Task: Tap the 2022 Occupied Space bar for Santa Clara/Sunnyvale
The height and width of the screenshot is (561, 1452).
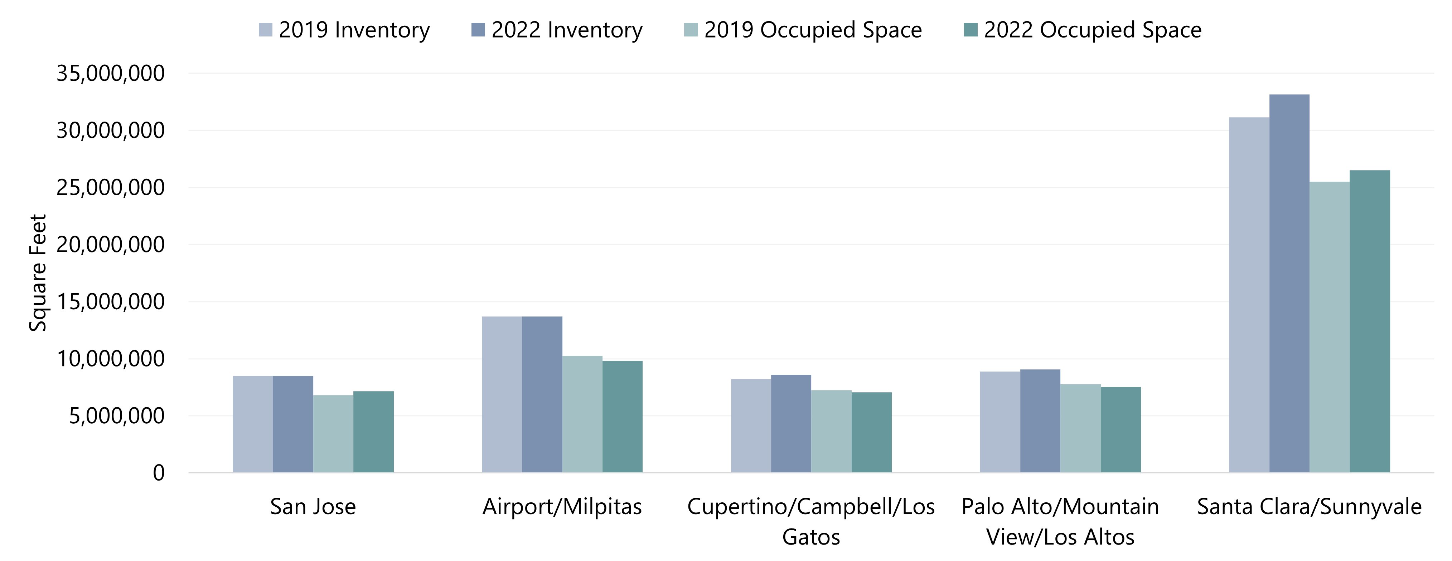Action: pos(1370,321)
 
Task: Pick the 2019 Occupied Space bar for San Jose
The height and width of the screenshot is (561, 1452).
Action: pos(333,434)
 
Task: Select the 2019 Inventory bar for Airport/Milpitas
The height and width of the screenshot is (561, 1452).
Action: pos(502,394)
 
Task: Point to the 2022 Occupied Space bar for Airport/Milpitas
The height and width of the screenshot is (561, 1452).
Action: pos(622,417)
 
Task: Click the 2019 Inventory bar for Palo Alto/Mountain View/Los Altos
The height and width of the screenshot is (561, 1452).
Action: pos(1000,422)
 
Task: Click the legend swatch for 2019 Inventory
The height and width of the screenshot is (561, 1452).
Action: pos(266,30)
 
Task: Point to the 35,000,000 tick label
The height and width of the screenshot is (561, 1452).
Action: pos(111,73)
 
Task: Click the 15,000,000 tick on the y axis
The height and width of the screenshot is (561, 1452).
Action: pos(111,302)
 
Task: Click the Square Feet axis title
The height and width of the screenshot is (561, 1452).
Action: pos(38,273)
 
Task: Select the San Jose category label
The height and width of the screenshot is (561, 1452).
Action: pos(313,506)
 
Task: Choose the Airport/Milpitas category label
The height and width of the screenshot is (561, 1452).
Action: pos(562,506)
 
